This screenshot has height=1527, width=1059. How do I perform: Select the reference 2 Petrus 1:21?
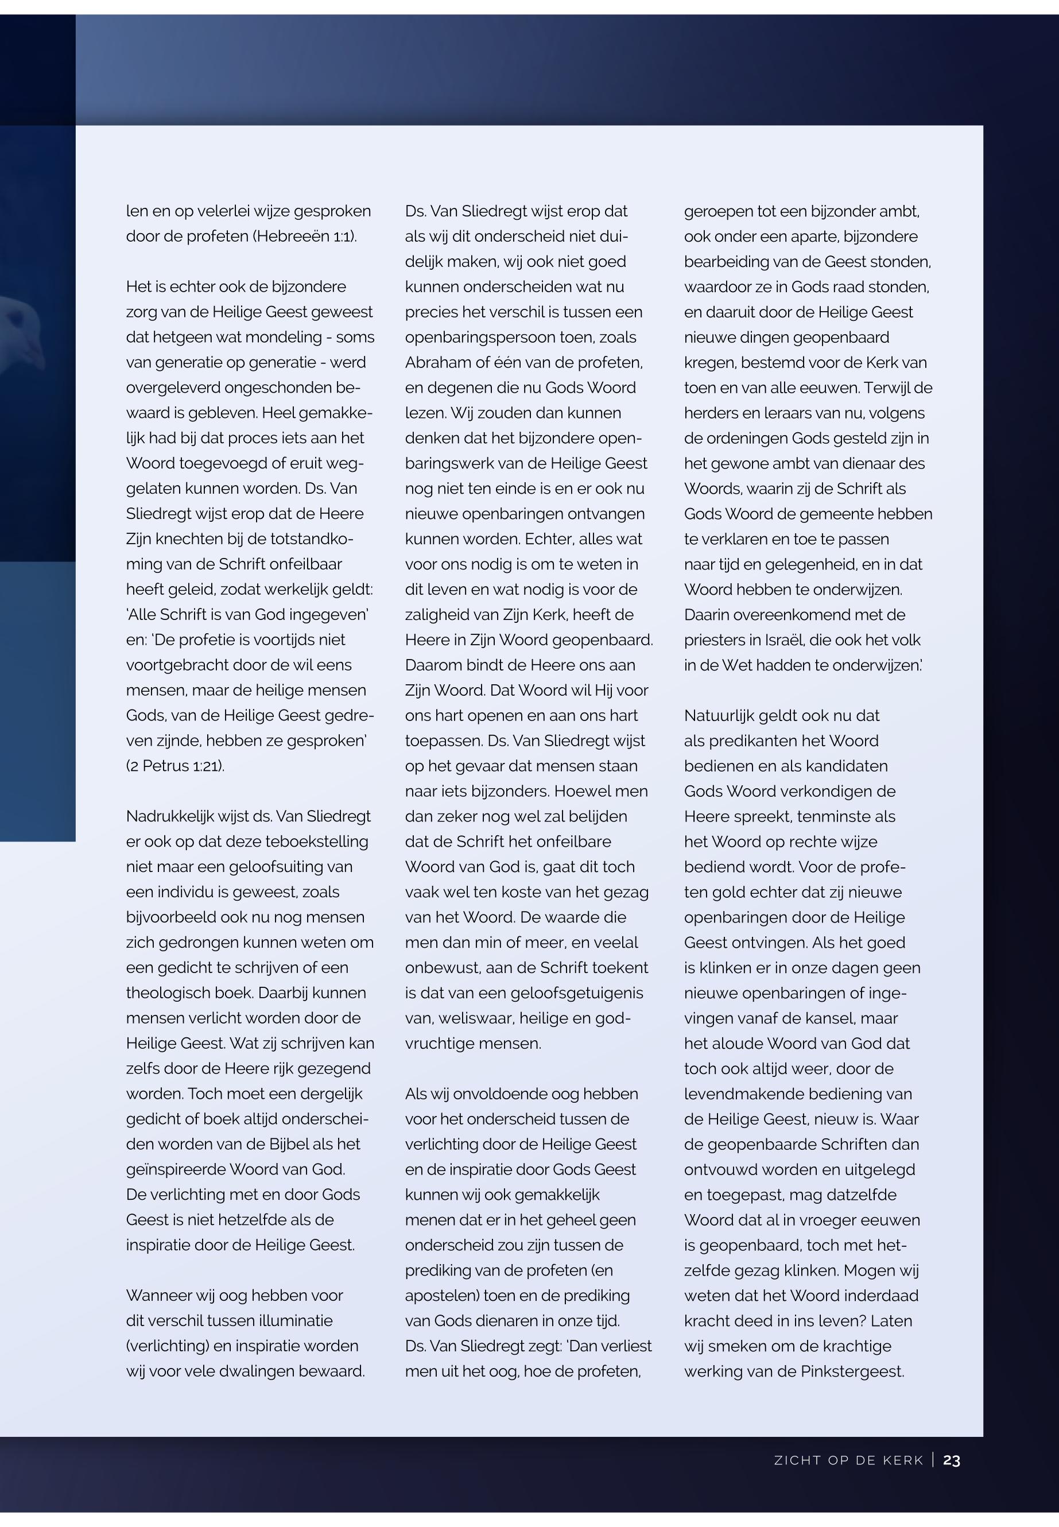click(175, 766)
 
